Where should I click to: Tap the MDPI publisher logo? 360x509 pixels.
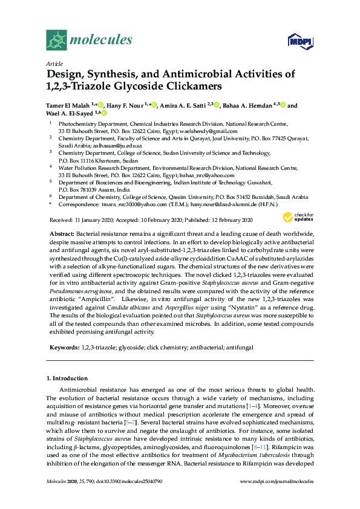coord(299,42)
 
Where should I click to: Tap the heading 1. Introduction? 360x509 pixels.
coord(67,378)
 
